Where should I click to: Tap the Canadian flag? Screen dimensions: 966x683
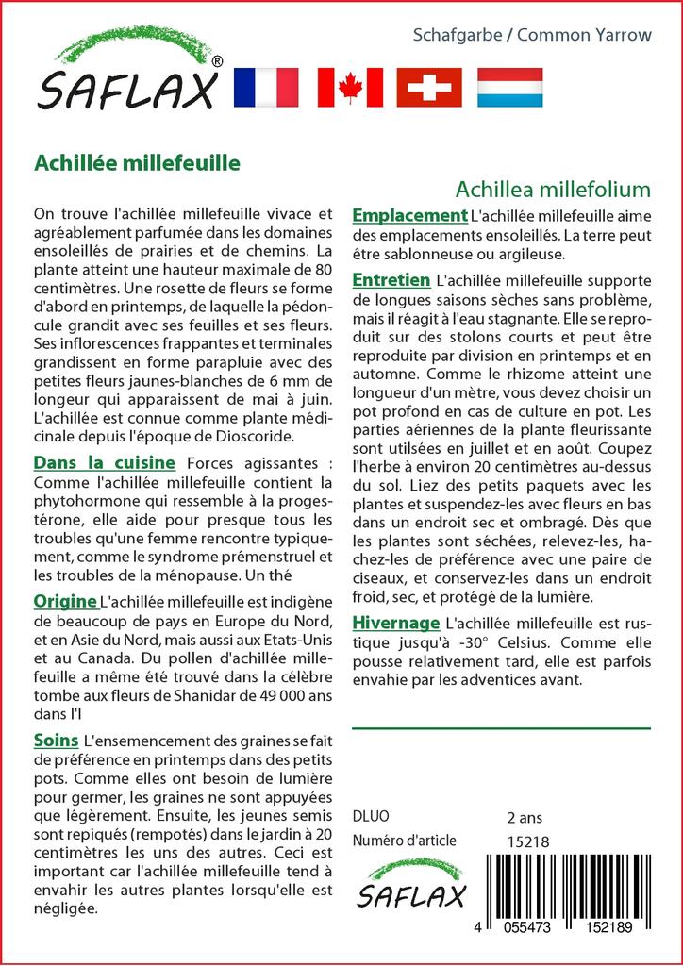click(350, 87)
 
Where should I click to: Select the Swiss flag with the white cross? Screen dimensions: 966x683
click(429, 87)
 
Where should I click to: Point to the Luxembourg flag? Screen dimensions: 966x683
click(509, 87)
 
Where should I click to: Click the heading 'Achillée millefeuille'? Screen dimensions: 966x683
click(137, 161)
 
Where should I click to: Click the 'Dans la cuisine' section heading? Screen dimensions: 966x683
click(104, 462)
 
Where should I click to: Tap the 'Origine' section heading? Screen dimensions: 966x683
click(65, 601)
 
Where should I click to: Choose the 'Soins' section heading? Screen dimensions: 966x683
click(56, 741)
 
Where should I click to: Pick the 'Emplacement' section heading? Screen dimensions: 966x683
click(409, 215)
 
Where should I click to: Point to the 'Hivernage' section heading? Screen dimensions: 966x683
click(395, 623)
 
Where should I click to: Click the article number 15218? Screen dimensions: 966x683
click(527, 841)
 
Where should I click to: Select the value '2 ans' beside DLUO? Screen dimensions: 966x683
click(525, 816)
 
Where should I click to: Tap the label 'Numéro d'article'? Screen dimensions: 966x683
click(404, 841)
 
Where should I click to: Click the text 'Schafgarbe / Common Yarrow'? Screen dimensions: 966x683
click(532, 35)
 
